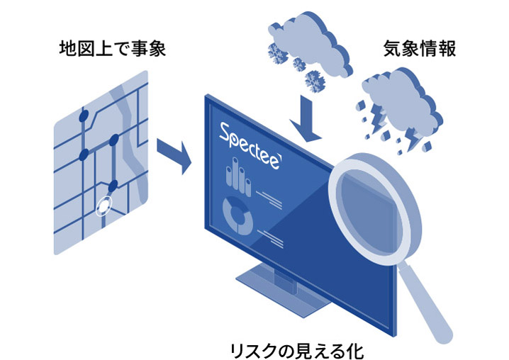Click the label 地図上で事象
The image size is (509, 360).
[x=113, y=48]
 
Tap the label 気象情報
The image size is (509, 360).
[x=420, y=48]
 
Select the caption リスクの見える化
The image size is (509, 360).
[x=297, y=351]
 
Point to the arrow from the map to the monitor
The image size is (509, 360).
[x=174, y=155]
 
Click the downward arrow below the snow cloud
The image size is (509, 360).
[x=305, y=119]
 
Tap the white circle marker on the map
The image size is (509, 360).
[x=104, y=206]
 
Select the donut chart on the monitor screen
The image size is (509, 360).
[x=238, y=216]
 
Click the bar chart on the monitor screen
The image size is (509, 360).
[x=238, y=177]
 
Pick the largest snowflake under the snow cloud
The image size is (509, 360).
[x=315, y=81]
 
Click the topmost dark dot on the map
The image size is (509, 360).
[x=84, y=116]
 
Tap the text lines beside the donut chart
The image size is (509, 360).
[x=271, y=238]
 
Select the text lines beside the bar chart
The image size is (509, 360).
[x=269, y=199]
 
